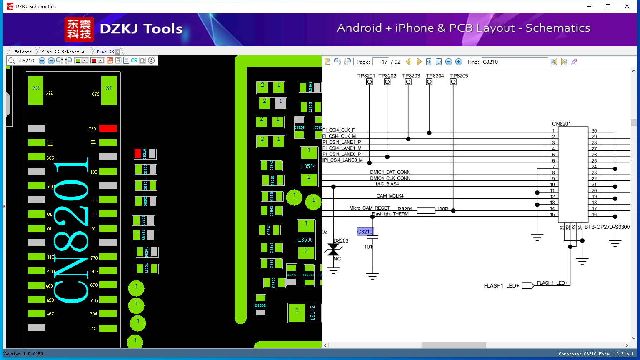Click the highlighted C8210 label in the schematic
(365, 232)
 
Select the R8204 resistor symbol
(426, 210)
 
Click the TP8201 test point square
(369, 82)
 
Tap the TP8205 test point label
(459, 76)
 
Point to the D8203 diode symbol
(333, 250)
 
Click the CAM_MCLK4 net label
(390, 196)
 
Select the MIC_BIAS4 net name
(387, 184)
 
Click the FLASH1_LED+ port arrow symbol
(528, 285)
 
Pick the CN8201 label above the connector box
(561, 124)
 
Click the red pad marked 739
(107, 128)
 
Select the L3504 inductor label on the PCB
(308, 166)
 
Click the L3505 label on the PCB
(305, 240)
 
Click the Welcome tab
(23, 52)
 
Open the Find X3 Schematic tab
(62, 52)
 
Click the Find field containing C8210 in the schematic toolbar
(515, 62)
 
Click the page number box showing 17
(381, 62)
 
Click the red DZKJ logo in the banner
(79, 29)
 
